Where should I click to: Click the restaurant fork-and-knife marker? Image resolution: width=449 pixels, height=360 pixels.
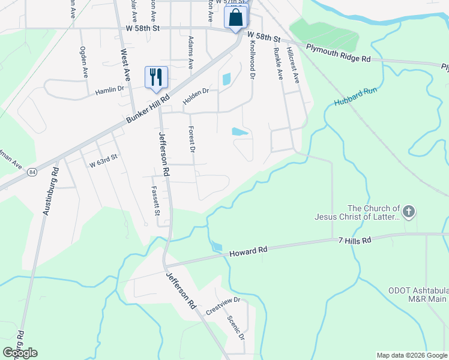point(156,77)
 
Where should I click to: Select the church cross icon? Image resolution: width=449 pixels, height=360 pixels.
point(409,211)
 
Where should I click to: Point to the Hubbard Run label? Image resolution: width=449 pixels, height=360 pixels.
point(355,97)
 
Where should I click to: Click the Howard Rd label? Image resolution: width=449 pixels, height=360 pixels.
point(248,253)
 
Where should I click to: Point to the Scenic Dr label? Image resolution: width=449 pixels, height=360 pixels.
point(236,328)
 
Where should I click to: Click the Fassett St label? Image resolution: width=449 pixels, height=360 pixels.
point(155,200)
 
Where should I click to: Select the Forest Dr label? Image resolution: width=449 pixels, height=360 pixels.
point(192,139)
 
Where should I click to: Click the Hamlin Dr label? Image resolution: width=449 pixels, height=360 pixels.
point(109,92)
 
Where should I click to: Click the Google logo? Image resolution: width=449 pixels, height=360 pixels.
point(20,353)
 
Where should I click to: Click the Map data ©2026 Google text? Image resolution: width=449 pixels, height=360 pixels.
point(411,355)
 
